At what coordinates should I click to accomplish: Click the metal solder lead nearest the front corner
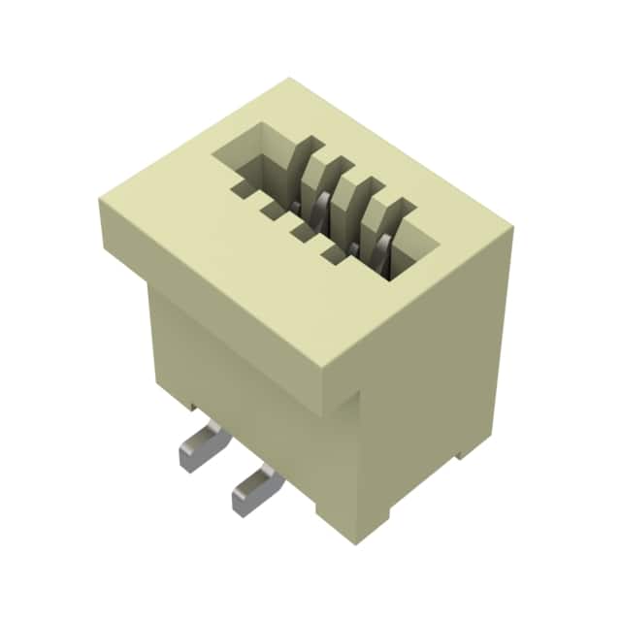255,488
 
